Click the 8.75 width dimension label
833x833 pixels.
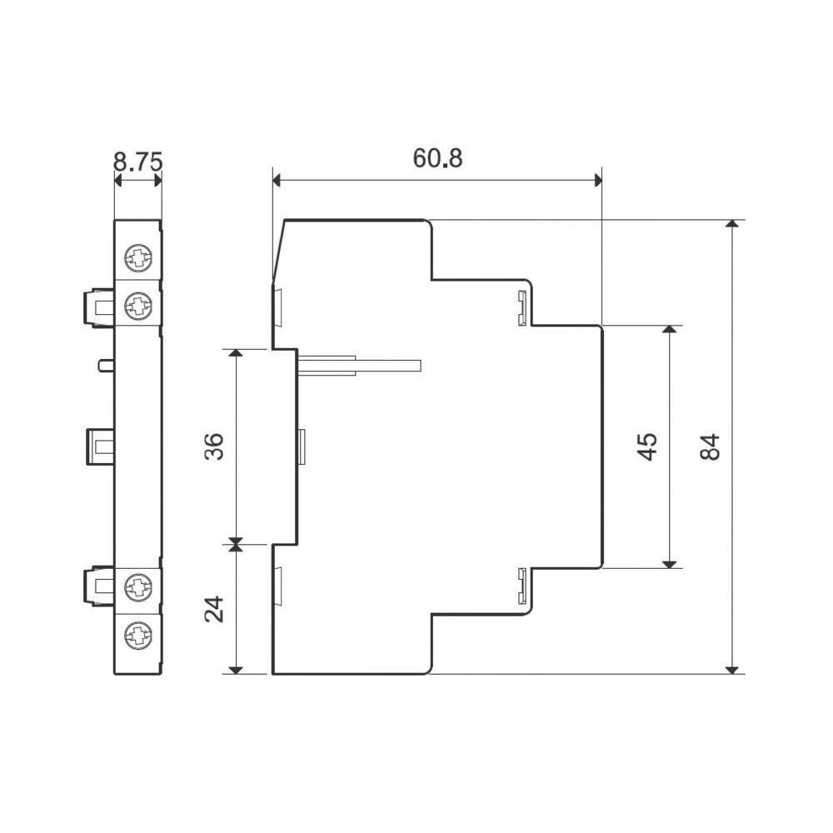pyautogui.click(x=137, y=162)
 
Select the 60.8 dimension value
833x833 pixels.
pyautogui.click(x=438, y=158)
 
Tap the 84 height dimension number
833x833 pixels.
pyautogui.click(x=710, y=446)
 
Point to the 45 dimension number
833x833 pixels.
pyautogui.click(x=647, y=446)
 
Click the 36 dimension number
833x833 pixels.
pyautogui.click(x=214, y=446)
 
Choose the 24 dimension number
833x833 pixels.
pyautogui.click(x=214, y=610)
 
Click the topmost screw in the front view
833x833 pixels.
pyautogui.click(x=138, y=258)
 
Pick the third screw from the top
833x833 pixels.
pyautogui.click(x=138, y=587)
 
